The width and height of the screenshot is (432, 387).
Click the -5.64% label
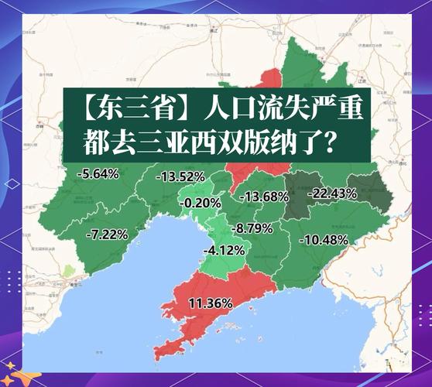coord(98,173)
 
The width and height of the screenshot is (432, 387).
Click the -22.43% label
coord(332,193)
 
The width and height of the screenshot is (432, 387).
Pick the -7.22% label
coord(108,233)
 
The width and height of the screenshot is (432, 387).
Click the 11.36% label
coord(211,303)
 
